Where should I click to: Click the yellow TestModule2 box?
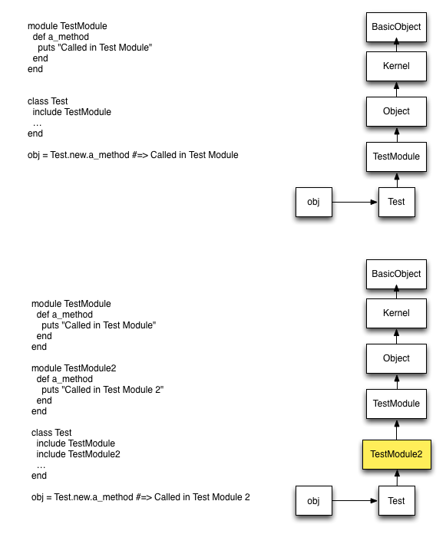click(x=397, y=454)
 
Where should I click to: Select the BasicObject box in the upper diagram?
click(x=396, y=28)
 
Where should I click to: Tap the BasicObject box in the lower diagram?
click(x=396, y=274)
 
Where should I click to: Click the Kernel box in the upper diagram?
click(x=396, y=66)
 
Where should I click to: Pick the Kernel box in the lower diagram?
click(x=396, y=313)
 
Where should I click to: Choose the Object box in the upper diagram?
click(x=396, y=111)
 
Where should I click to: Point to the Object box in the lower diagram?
click(x=396, y=358)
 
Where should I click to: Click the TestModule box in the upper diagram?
click(x=396, y=157)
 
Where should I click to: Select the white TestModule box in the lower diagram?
click(x=396, y=404)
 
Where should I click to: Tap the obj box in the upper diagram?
click(x=314, y=202)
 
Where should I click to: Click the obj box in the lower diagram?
click(x=314, y=500)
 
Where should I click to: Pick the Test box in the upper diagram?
click(x=397, y=202)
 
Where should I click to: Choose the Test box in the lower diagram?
click(x=397, y=500)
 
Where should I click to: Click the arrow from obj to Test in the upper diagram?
click(x=355, y=203)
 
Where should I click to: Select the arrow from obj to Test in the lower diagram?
click(x=355, y=500)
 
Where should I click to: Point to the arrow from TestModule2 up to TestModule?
click(x=397, y=430)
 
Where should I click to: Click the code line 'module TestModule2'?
click(x=74, y=368)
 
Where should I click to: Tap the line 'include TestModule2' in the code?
click(x=78, y=454)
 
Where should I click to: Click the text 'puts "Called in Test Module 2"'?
click(x=103, y=390)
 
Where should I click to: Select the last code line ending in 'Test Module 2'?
click(x=140, y=497)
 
